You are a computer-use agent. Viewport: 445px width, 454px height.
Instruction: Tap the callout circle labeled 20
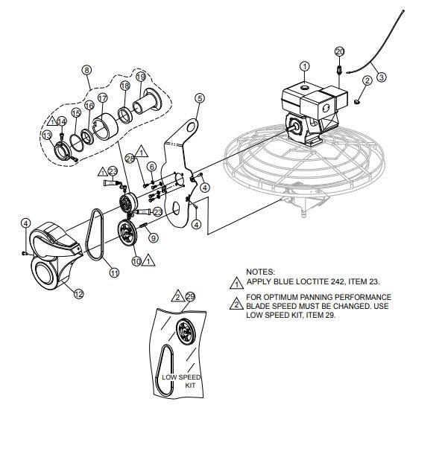click(340, 51)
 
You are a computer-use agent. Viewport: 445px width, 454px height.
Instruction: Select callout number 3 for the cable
click(380, 76)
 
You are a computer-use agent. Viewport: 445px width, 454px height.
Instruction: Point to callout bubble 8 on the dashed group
click(86, 71)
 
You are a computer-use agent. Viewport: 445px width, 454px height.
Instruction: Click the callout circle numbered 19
click(139, 77)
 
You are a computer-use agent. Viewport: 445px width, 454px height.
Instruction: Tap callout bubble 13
click(47, 135)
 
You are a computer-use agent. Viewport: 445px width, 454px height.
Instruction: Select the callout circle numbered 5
click(199, 97)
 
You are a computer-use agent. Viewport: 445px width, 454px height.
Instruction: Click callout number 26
click(130, 159)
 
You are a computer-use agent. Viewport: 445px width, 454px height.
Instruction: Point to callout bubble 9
click(154, 238)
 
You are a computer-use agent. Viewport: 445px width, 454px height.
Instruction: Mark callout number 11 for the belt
click(114, 273)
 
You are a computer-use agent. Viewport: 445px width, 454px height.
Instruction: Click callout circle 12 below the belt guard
click(78, 293)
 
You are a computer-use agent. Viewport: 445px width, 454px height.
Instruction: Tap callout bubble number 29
click(190, 296)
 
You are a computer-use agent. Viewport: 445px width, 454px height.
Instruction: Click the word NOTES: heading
click(261, 273)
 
